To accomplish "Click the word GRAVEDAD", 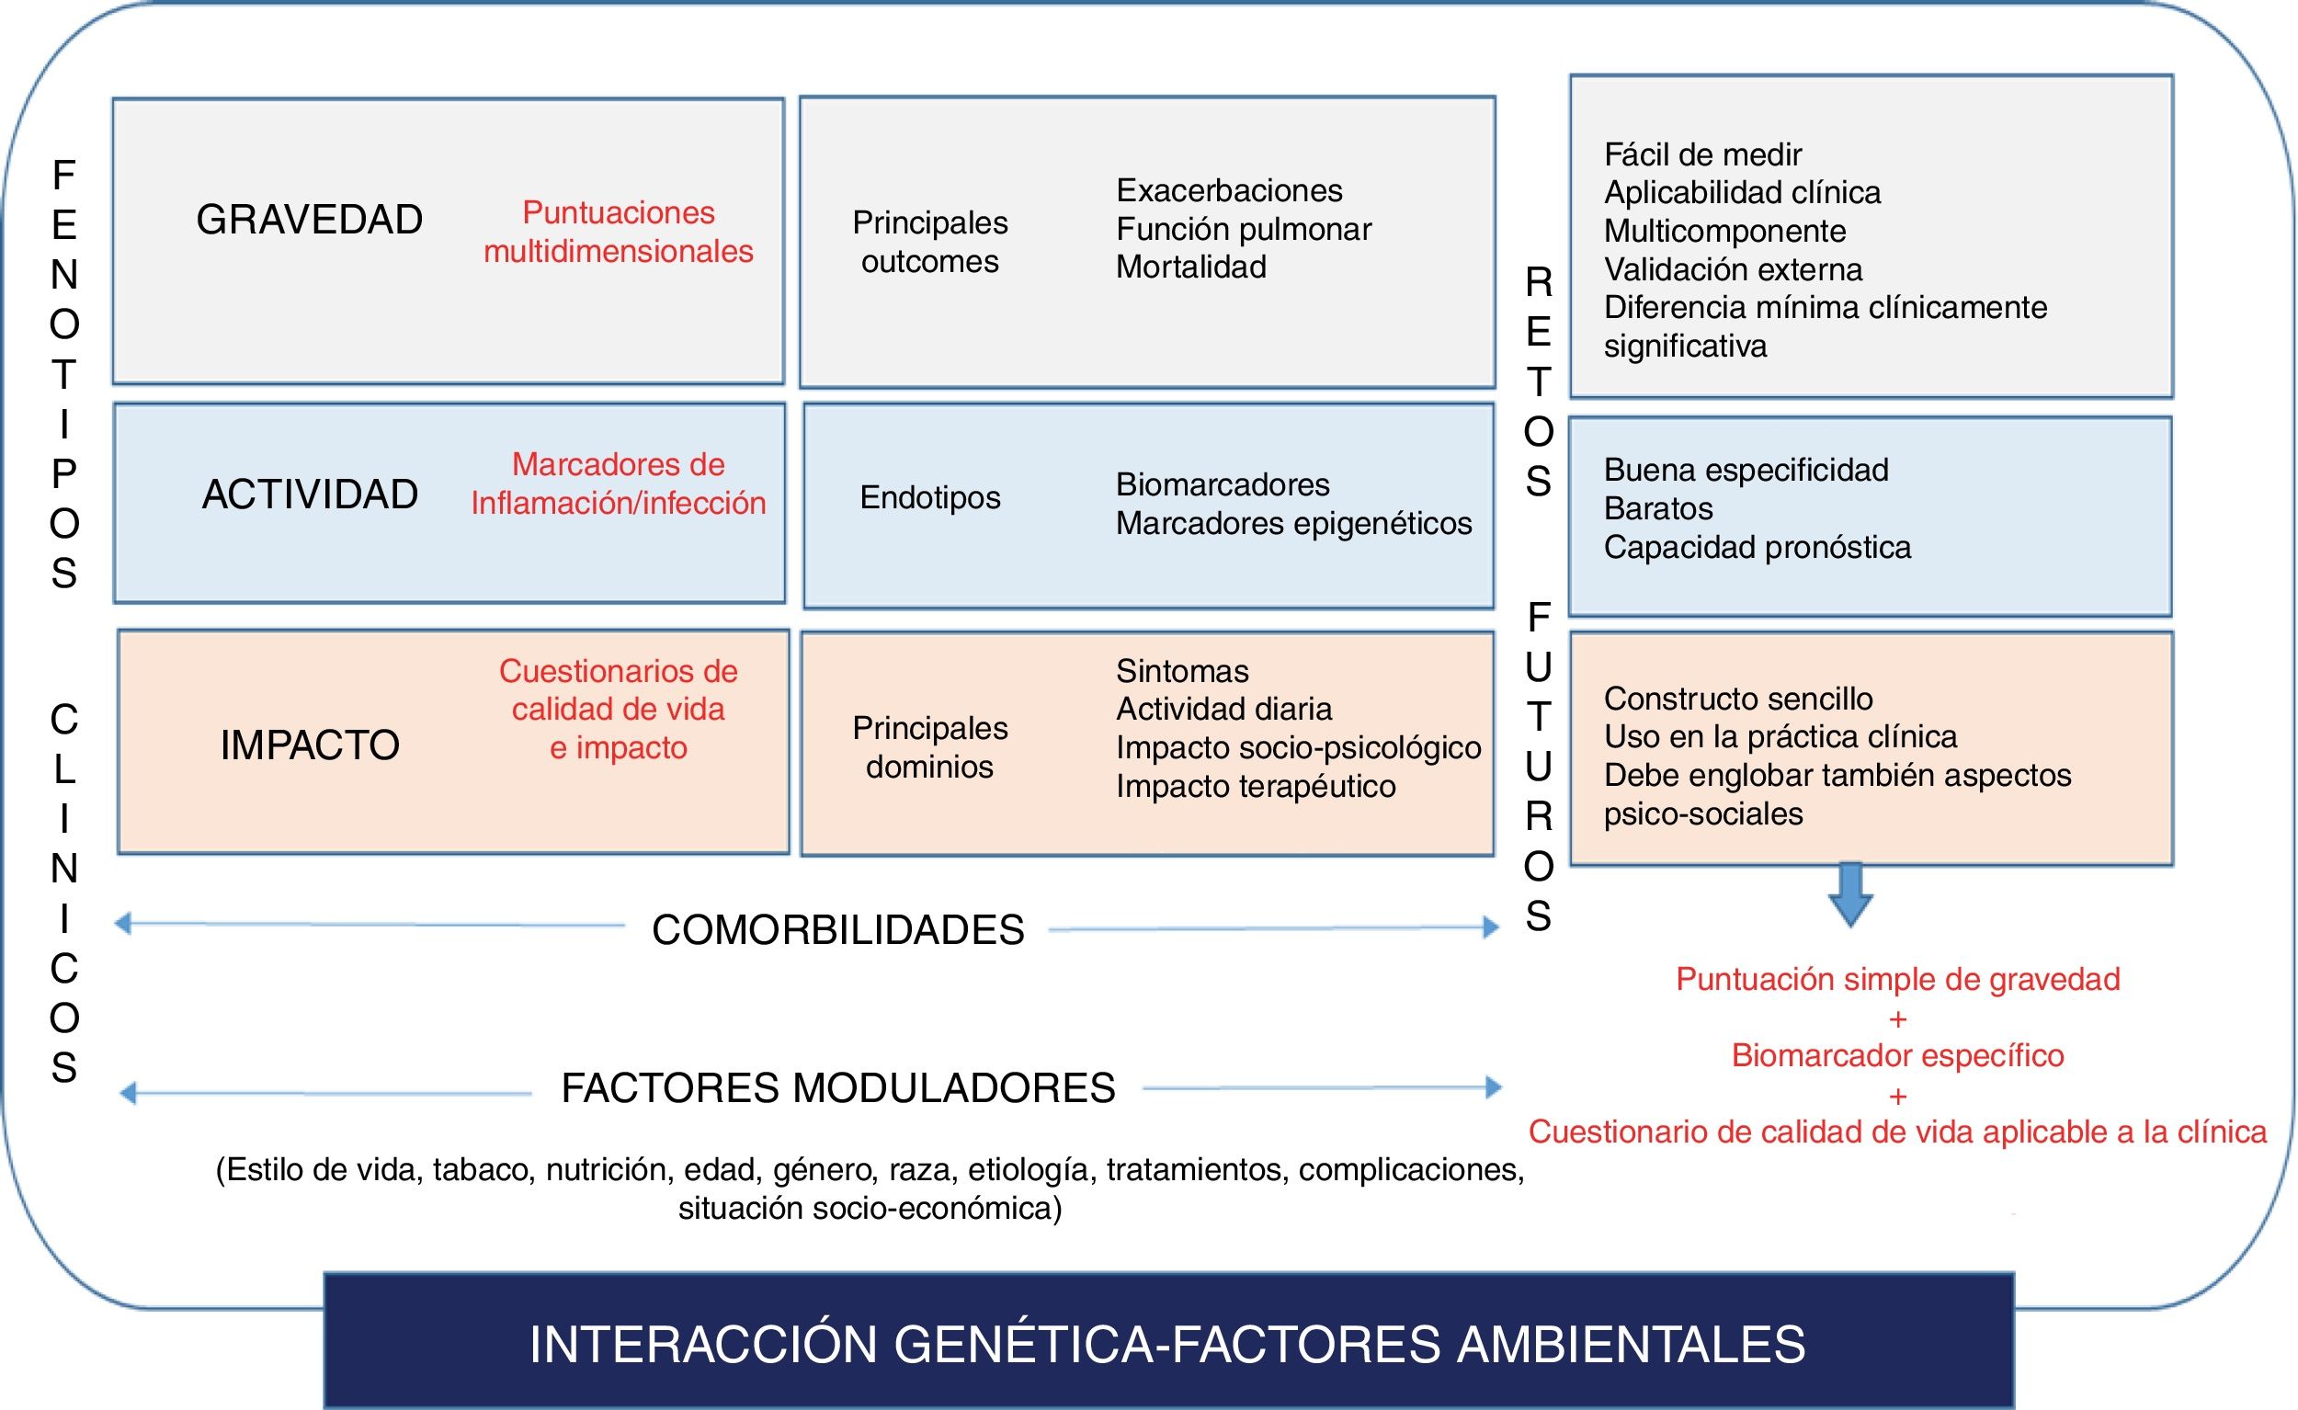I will click(309, 220).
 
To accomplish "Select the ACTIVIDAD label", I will click(310, 495).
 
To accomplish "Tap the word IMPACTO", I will click(310, 745).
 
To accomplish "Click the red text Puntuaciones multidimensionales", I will click(618, 232).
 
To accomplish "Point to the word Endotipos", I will click(930, 497).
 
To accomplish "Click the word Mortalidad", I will click(1191, 267).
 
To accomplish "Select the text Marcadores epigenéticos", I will click(1293, 523).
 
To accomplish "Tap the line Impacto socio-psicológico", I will click(1298, 748).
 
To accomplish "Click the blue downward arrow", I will click(1850, 894).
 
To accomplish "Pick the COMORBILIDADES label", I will click(837, 930).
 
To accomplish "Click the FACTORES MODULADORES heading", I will click(837, 1088).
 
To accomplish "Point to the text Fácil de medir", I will click(1702, 154).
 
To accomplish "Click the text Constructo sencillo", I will click(1737, 699).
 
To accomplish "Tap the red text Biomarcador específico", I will click(1897, 1055).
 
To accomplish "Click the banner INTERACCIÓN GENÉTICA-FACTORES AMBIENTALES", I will click(1167, 1344).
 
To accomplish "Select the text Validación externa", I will click(1733, 269).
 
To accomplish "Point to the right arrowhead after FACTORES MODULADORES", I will click(1493, 1087).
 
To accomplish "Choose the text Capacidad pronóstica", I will click(1758, 548).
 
